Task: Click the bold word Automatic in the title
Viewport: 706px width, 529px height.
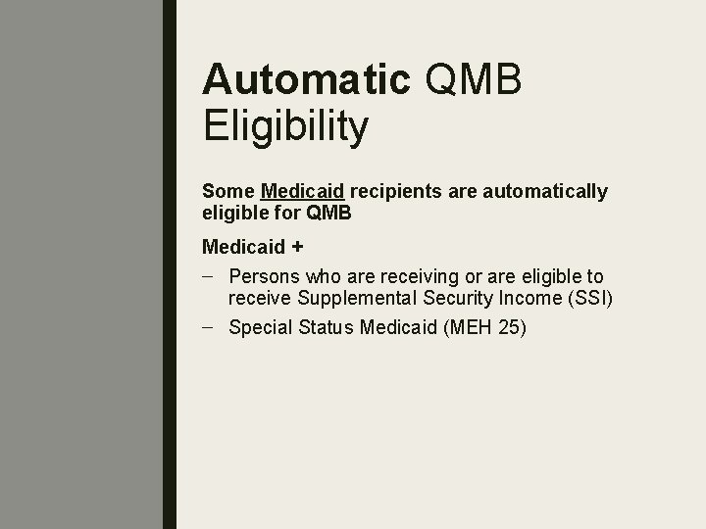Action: (x=305, y=81)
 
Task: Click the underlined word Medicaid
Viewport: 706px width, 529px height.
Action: (x=302, y=191)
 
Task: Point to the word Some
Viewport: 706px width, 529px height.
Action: (x=227, y=191)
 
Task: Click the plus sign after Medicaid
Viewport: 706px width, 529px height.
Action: (x=297, y=246)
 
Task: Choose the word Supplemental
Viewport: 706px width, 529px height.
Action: (x=345, y=298)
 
